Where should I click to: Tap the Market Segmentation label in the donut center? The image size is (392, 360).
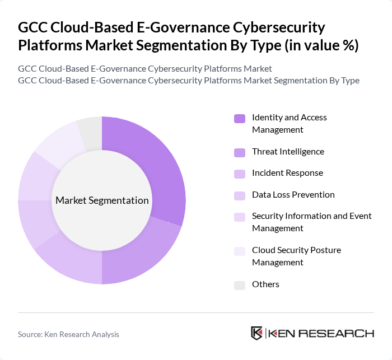[102, 200]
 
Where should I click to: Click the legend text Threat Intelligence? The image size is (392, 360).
[288, 152]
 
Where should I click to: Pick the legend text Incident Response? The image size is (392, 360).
[287, 173]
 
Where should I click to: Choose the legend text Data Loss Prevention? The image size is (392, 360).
[293, 195]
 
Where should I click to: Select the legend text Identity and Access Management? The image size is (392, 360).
[289, 123]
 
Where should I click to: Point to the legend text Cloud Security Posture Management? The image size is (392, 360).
[296, 256]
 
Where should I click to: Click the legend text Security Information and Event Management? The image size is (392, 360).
[311, 222]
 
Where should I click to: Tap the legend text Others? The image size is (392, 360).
[265, 284]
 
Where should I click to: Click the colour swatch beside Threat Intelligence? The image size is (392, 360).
[240, 152]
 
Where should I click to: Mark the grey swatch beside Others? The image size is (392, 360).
[240, 285]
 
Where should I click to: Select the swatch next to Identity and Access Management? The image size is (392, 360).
[240, 118]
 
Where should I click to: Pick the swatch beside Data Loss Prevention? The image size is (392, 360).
[240, 195]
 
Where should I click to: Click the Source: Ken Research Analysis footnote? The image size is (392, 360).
[68, 334]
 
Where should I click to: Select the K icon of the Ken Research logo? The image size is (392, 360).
[257, 333]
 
